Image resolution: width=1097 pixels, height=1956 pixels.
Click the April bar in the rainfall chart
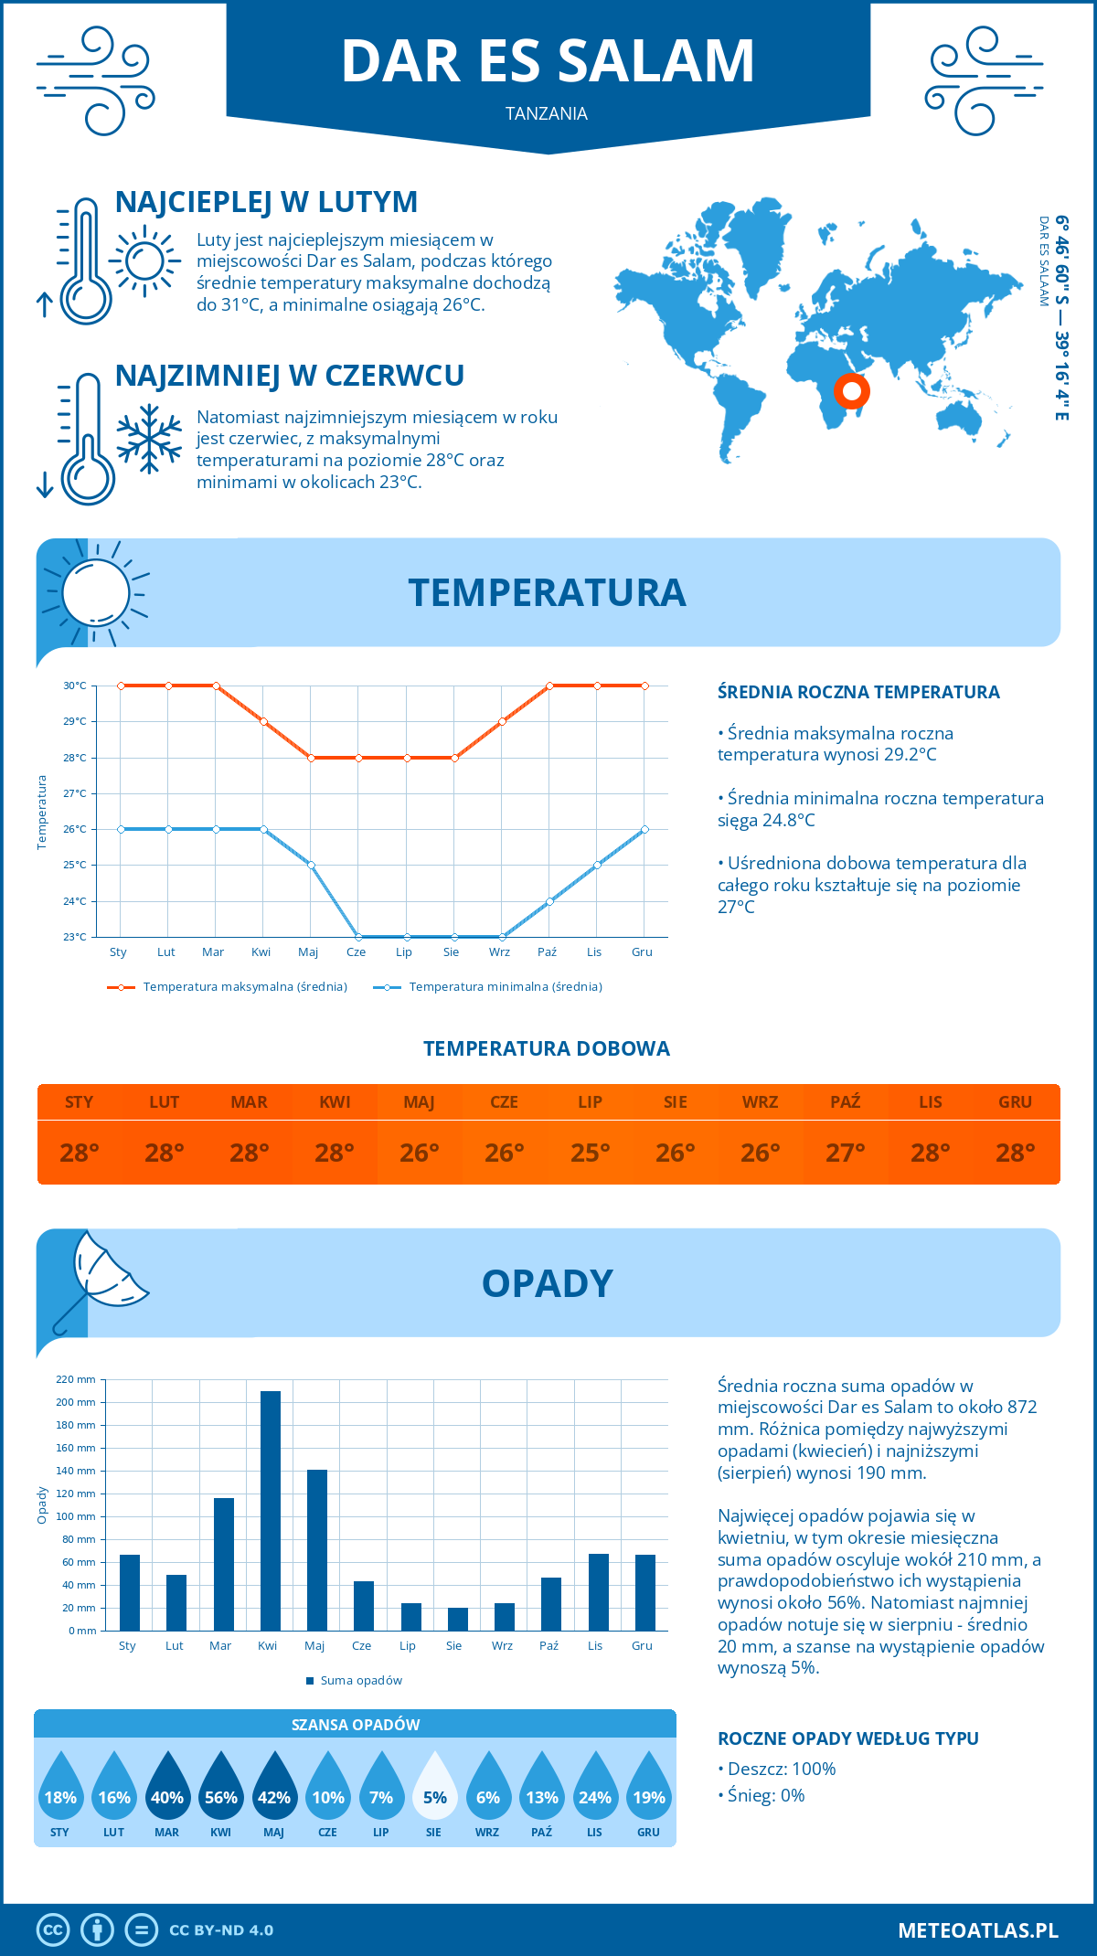271,1510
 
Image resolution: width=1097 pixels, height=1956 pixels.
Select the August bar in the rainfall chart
458,1619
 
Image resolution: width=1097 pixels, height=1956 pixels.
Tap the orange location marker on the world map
852,391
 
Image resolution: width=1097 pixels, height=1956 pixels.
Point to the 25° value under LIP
590,1153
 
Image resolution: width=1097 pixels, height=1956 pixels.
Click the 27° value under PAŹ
846,1153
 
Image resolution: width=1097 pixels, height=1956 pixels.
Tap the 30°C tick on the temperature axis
75,686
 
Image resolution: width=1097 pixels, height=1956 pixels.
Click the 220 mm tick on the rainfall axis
77,1379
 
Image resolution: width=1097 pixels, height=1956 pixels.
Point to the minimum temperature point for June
358,937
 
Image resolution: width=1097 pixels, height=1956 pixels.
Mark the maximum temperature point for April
263,721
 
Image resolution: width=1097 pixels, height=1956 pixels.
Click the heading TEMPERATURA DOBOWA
547,1048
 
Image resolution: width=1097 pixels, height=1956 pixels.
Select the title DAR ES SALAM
548,62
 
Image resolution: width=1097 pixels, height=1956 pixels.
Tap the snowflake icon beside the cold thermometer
149,438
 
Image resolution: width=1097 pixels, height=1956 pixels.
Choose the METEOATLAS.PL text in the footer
978,1930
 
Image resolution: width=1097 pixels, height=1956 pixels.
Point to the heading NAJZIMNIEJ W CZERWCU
290,376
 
